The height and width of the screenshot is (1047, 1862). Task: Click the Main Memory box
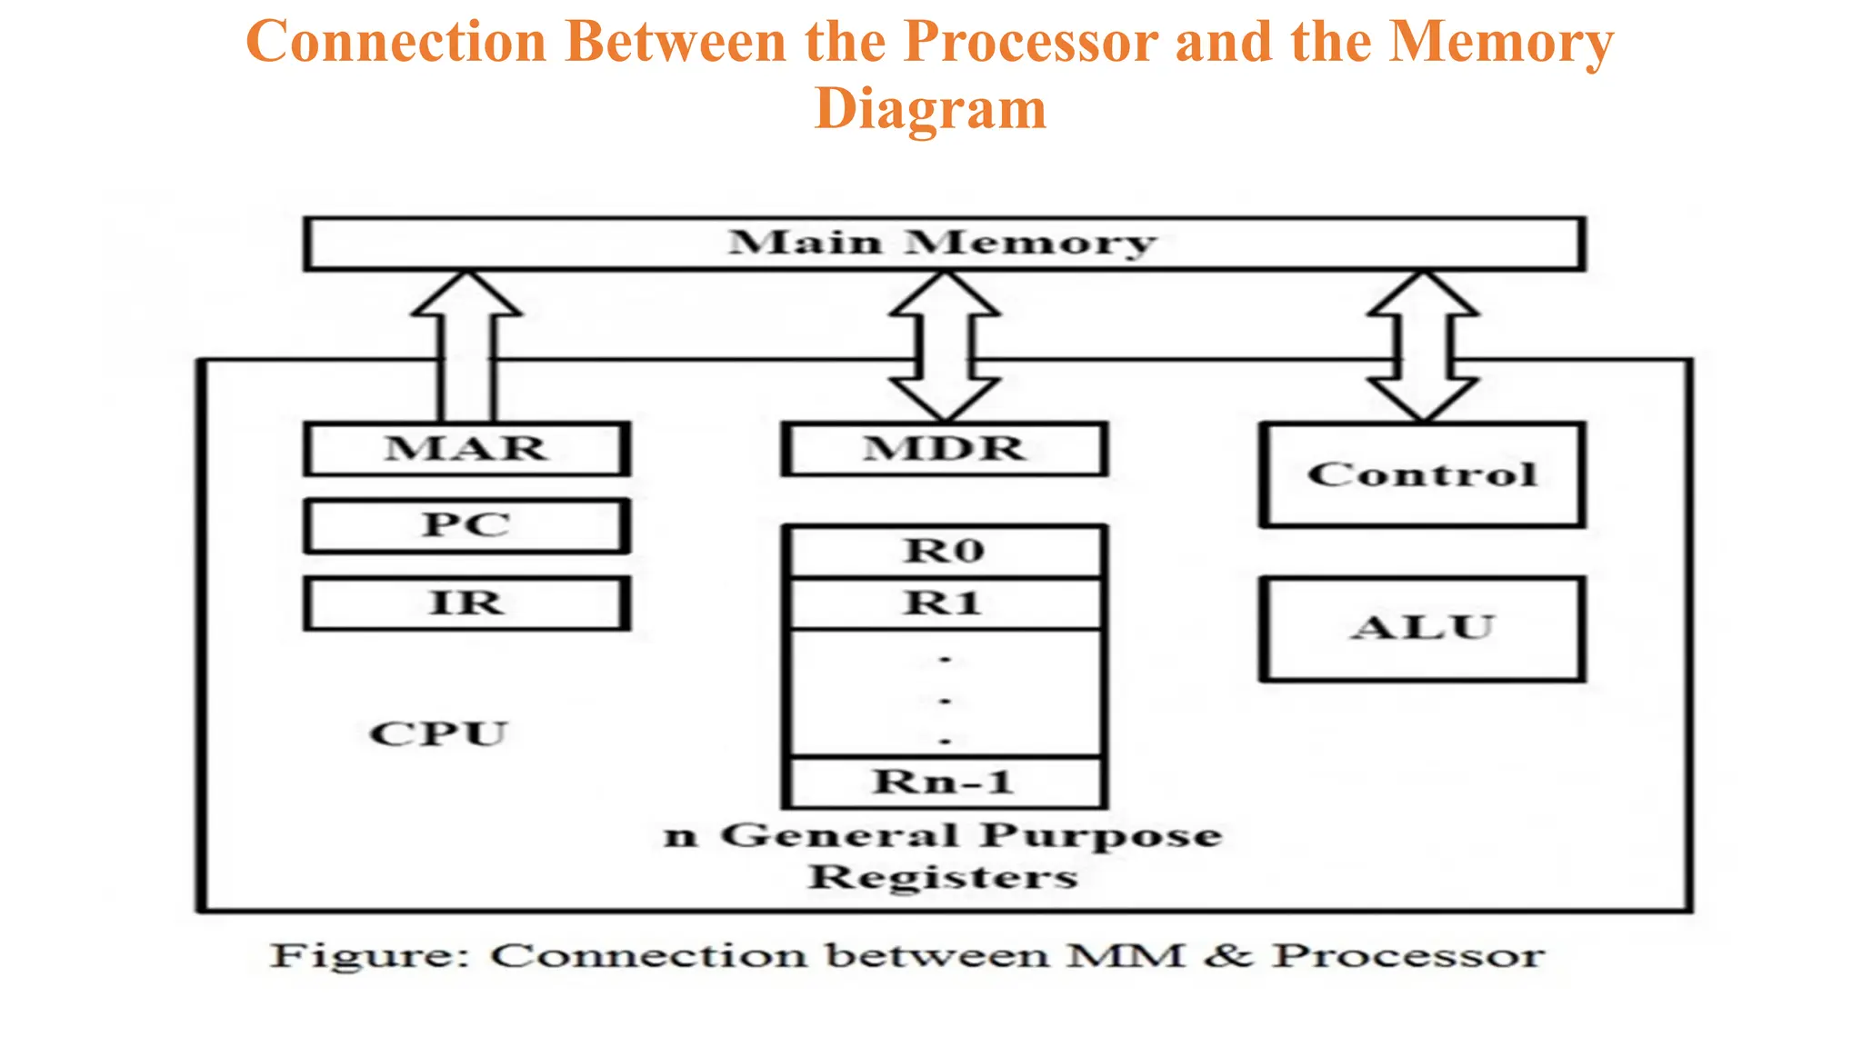tap(944, 244)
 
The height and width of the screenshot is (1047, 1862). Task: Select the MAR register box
tap(465, 449)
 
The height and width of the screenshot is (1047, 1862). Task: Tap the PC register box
tap(465, 525)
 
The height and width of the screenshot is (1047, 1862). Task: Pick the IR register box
tap(465, 603)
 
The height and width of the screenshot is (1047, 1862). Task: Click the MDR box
tap(944, 449)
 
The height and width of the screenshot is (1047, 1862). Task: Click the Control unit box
tap(1422, 474)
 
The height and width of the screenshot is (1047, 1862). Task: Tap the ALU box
tap(1422, 628)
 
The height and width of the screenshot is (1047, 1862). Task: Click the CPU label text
tap(437, 733)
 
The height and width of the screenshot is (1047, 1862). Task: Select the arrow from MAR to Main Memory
tap(466, 345)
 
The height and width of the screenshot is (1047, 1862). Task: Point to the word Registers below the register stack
tap(943, 878)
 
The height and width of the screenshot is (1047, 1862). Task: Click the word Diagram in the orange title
tap(930, 108)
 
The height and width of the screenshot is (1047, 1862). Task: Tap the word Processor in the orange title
tap(1030, 42)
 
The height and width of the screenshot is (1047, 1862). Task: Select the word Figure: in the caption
tap(369, 956)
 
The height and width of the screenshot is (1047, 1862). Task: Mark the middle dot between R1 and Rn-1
tap(945, 701)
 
